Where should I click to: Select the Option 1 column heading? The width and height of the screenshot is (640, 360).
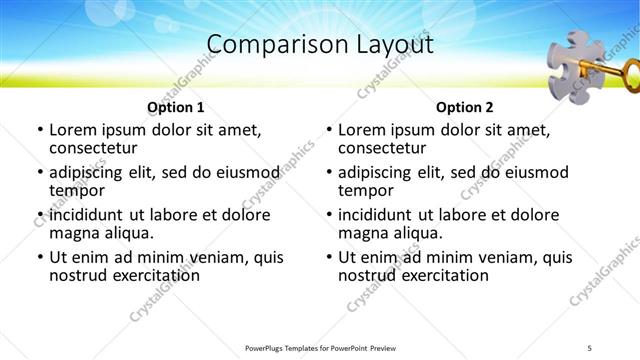[176, 107]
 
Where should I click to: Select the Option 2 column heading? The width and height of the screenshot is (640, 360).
[465, 107]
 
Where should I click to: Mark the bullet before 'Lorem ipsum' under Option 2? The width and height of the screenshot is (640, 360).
[329, 130]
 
